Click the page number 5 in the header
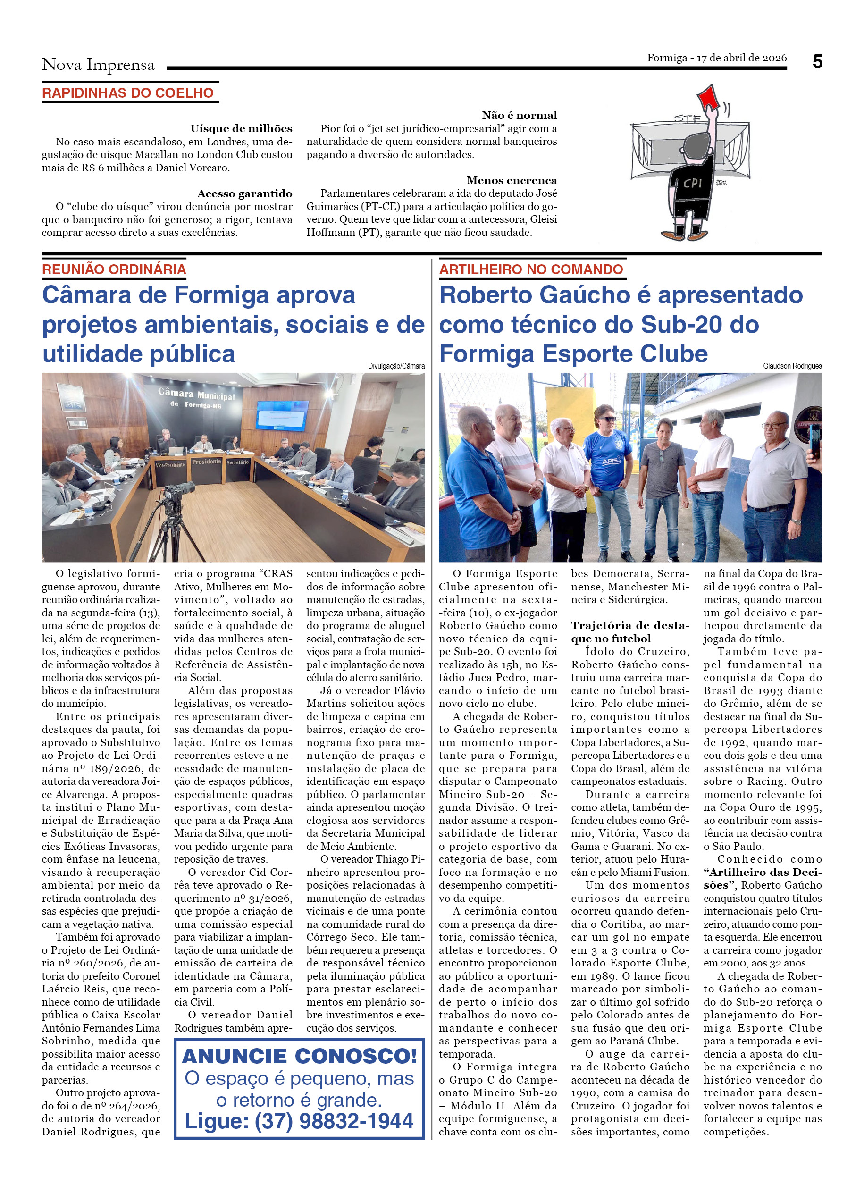click(817, 62)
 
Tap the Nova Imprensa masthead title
click(98, 65)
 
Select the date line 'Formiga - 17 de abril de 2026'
click(716, 58)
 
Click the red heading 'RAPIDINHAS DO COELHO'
click(128, 93)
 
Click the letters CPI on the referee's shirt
click(693, 183)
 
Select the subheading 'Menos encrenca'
click(511, 180)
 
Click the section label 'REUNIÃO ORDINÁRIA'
click(114, 269)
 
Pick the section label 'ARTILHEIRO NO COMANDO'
click(531, 269)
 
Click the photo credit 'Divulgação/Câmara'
click(396, 366)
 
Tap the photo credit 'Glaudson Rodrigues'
click(792, 366)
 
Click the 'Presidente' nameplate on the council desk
click(206, 462)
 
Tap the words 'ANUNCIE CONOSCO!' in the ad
click(299, 1056)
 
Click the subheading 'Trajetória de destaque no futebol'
click(629, 632)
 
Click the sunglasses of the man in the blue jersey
click(608, 419)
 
